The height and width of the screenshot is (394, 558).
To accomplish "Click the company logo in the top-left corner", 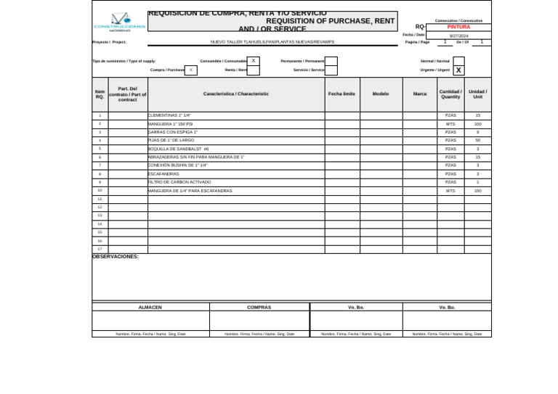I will [x=120, y=22].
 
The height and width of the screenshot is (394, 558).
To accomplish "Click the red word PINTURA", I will [x=458, y=27].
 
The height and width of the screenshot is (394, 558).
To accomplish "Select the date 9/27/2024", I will [x=458, y=36].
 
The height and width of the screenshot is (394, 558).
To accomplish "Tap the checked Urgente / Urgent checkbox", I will [x=458, y=70].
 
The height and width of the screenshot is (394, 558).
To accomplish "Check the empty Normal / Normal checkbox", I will [x=458, y=61].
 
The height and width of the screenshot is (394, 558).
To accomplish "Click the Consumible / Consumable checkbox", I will [x=253, y=61].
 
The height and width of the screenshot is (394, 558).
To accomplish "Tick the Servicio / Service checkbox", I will [x=331, y=70].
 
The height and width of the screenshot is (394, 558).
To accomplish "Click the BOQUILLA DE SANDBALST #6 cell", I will [x=178, y=149].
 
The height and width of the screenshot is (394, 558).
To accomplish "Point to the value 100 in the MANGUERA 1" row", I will [x=477, y=124].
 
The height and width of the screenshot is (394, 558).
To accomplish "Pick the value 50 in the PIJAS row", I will [x=477, y=141].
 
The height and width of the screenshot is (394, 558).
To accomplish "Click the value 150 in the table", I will [x=477, y=191].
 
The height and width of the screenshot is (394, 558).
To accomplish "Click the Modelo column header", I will [x=381, y=94].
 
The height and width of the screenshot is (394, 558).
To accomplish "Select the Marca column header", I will [x=420, y=94].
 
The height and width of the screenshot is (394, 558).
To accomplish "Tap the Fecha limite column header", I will [x=341, y=94].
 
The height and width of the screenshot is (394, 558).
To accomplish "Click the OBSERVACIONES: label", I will [x=116, y=257].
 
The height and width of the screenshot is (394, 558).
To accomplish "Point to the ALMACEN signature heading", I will [x=150, y=308].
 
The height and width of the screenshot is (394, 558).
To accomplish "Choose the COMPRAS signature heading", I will [x=259, y=308].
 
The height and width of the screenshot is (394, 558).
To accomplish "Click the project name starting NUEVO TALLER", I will [x=272, y=42].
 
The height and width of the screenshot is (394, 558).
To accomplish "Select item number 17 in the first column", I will [x=100, y=249].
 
